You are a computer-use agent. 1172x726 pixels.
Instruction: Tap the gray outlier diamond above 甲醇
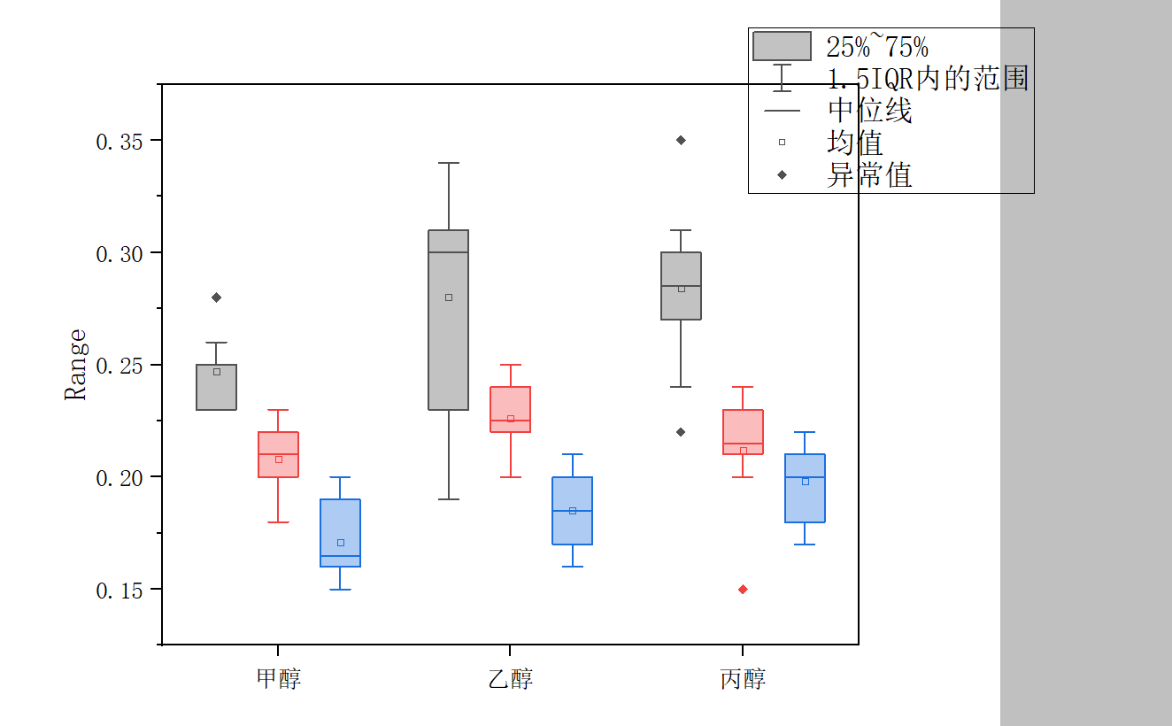pos(216,297)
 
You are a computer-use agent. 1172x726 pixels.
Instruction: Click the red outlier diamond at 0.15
pos(743,590)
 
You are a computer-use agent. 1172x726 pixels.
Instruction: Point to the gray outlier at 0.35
pos(681,140)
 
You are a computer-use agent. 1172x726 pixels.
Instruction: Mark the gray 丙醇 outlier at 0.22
pos(681,432)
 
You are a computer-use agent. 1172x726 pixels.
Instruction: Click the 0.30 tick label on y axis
pos(119,254)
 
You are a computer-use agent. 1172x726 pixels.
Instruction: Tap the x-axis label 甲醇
pos(278,679)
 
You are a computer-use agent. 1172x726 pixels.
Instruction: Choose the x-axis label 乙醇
pos(511,679)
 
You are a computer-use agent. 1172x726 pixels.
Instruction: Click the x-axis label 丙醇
pos(743,679)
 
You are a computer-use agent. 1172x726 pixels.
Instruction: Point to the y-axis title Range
pos(76,364)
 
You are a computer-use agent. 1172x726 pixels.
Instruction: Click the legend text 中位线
pos(869,111)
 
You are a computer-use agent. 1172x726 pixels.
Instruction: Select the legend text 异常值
pos(869,175)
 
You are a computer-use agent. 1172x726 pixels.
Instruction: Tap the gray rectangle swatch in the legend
pos(782,46)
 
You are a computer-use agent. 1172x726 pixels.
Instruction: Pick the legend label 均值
pos(854,143)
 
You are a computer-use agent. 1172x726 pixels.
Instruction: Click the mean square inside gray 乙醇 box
pos(449,297)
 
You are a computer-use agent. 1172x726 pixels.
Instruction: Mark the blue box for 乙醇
pos(572,511)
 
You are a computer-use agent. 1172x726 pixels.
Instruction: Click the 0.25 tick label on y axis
pos(119,366)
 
